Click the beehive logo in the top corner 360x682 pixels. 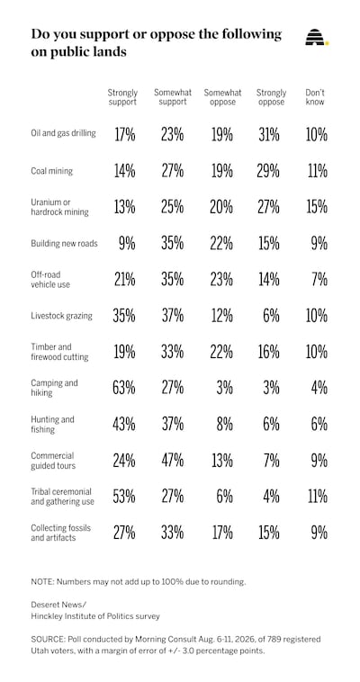click(317, 38)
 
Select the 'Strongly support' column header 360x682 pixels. click(122, 97)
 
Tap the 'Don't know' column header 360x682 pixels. click(315, 97)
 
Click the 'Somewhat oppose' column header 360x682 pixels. click(222, 97)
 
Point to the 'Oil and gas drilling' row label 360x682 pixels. click(63, 132)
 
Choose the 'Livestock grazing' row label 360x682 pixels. click(61, 316)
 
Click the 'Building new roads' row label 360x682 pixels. click(64, 243)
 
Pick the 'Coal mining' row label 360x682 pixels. click(51, 171)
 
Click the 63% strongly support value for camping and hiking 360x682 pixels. click(124, 388)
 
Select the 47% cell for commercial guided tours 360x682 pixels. click(172, 460)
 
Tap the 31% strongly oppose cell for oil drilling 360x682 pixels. click(267, 135)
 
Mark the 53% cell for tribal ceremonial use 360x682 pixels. click(124, 497)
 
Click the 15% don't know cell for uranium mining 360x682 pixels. click(316, 207)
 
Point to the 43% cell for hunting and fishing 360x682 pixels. click(124, 424)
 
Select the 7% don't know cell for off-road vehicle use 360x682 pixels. click(319, 279)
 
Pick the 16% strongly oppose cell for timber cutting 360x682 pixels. click(267, 352)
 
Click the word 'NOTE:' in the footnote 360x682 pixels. click(42, 581)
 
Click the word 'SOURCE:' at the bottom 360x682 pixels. click(46, 640)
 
